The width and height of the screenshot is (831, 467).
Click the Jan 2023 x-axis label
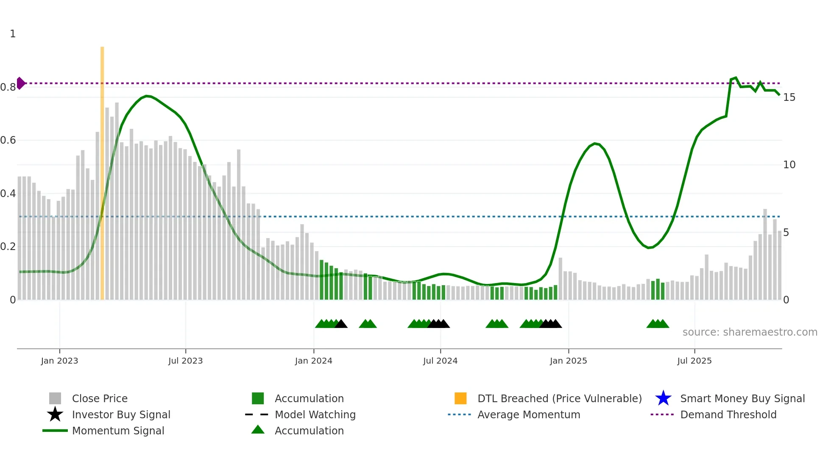[x=59, y=361]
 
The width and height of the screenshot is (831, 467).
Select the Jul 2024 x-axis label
[x=440, y=361]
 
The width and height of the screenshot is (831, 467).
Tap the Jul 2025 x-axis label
[x=694, y=361]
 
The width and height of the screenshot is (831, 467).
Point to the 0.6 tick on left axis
[x=8, y=140]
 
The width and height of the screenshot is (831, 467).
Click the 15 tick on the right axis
[x=789, y=97]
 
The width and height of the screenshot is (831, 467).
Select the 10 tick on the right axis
[x=789, y=165]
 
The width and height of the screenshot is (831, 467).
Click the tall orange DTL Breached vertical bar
[x=102, y=170]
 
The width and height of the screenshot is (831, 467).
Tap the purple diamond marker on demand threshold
[x=21, y=83]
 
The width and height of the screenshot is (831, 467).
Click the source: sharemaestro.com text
[x=750, y=332]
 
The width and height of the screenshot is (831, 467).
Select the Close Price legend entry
[x=100, y=399]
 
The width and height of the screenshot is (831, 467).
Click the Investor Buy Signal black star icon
[x=55, y=414]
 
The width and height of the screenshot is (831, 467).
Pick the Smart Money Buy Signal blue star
[x=663, y=398]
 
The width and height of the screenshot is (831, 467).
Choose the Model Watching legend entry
[x=315, y=415]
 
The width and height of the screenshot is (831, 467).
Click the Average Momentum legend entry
[x=529, y=415]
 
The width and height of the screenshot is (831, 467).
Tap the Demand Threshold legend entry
[x=728, y=415]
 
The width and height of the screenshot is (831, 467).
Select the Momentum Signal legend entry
[x=118, y=431]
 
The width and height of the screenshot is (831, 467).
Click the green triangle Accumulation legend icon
[x=258, y=430]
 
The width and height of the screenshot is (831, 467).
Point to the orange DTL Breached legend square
[x=460, y=398]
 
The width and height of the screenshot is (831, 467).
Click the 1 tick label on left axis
[x=13, y=34]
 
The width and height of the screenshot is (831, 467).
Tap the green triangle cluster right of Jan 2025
[x=658, y=324]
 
